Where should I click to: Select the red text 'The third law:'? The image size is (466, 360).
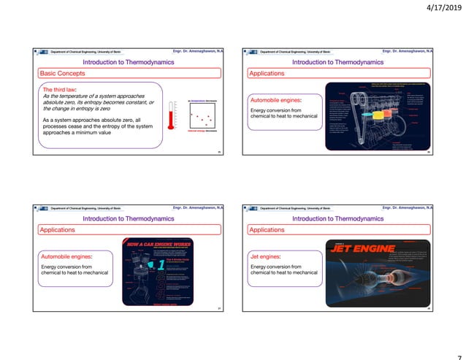[60, 89]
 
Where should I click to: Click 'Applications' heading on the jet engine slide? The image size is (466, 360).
[267, 230]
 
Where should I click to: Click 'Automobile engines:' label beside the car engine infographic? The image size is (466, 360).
[68, 257]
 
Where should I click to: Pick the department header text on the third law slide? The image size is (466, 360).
[86, 52]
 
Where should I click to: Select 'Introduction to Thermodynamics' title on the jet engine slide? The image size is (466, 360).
[337, 218]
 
